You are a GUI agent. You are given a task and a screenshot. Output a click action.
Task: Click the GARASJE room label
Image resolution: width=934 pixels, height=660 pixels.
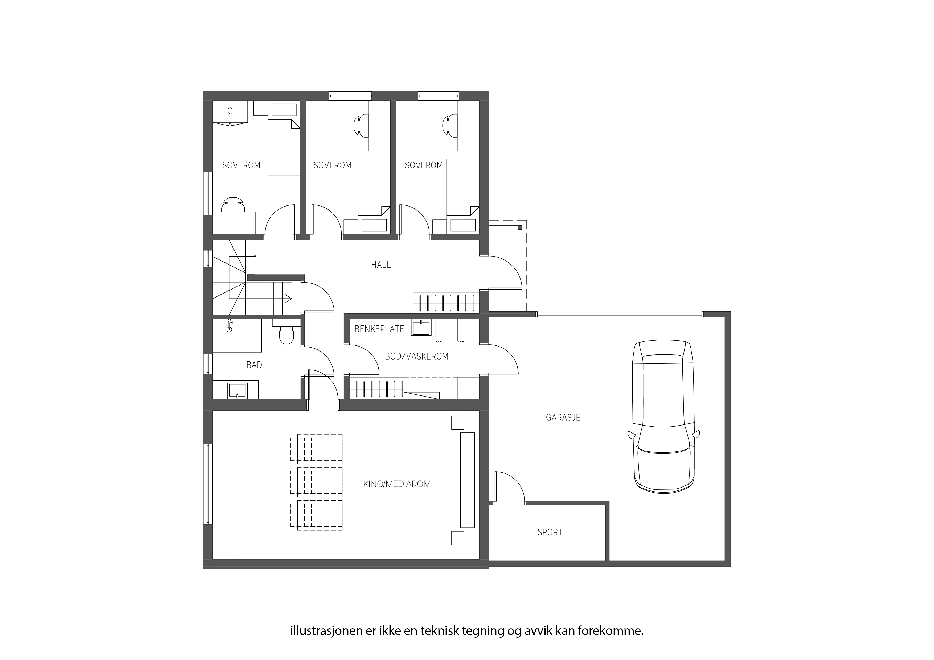[x=563, y=418]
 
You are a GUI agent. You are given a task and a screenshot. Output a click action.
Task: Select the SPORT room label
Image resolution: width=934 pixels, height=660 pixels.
[x=550, y=532]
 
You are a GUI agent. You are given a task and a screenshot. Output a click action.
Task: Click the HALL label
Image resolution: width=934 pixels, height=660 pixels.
[x=381, y=265]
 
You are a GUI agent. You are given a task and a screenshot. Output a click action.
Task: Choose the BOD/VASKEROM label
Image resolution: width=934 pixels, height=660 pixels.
[x=417, y=357]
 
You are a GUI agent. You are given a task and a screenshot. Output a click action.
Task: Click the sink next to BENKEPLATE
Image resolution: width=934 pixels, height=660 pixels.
[x=421, y=328]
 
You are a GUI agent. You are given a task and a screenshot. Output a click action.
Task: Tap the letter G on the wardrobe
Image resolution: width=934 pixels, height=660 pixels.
[x=230, y=111]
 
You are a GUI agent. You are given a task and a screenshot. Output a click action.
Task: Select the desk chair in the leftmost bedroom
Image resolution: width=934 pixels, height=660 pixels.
[x=233, y=205]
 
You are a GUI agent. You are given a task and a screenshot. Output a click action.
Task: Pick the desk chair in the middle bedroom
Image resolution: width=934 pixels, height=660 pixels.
[x=361, y=125]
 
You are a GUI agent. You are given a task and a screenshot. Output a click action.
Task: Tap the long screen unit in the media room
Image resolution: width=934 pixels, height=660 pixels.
[x=468, y=480]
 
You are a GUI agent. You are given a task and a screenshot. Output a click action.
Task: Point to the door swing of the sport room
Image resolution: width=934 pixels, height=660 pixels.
[x=510, y=486]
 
